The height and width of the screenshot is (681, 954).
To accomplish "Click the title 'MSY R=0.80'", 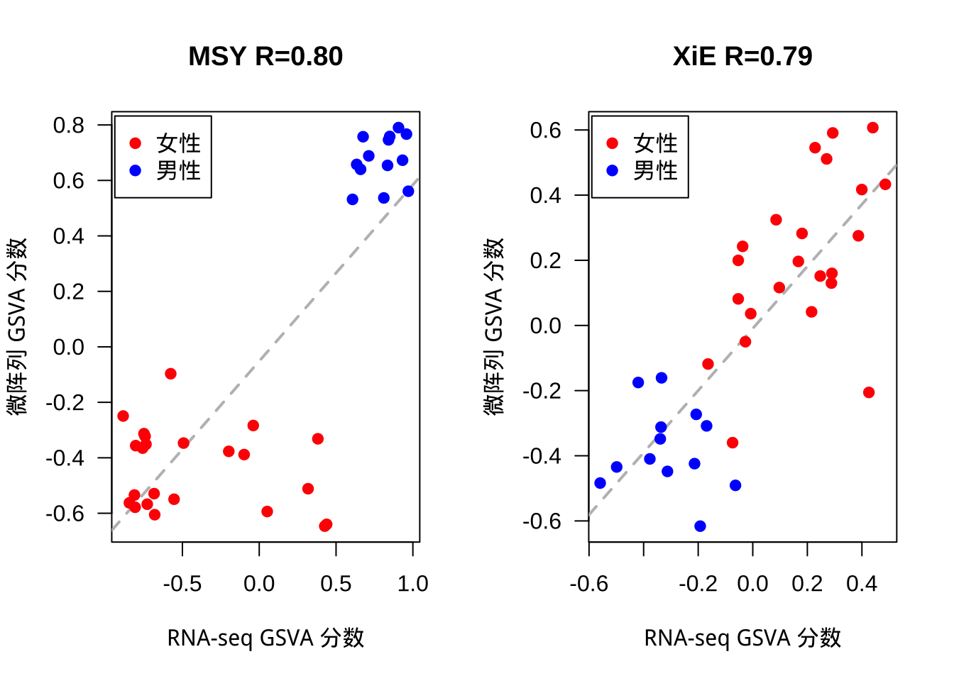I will tap(265, 57).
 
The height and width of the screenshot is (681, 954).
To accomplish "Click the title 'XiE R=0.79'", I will tap(742, 57).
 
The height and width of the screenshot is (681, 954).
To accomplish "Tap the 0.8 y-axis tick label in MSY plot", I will tap(69, 126).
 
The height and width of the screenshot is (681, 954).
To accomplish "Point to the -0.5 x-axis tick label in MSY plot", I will tap(182, 584).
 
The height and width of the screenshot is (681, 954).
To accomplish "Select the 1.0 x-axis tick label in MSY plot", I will tap(412, 584).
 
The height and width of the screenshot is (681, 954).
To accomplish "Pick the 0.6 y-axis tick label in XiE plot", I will tap(546, 131).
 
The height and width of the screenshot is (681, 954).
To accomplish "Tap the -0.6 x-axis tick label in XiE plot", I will tap(589, 584).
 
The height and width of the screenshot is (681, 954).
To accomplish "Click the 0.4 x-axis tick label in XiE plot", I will tap(862, 584).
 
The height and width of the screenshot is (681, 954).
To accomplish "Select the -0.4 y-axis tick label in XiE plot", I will tap(542, 456).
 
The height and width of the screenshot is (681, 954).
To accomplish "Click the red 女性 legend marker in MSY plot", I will tap(136, 143).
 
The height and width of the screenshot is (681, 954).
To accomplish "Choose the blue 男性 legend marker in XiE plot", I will tap(613, 170).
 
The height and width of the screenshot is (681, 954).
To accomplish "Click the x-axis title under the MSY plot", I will tap(265, 638).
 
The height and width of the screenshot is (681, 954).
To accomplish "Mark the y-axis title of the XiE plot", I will tap(493, 326).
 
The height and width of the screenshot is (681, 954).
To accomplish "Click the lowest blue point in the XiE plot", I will tap(700, 526).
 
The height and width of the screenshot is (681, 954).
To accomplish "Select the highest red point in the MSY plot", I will tap(170, 374).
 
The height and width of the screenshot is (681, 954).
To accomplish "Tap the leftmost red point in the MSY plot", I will tap(123, 416).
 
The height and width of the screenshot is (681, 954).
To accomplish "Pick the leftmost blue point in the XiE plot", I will tap(600, 483).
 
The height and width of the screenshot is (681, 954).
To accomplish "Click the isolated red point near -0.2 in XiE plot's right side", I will tap(869, 392).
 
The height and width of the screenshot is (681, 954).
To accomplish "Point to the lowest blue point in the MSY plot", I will tap(353, 199).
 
